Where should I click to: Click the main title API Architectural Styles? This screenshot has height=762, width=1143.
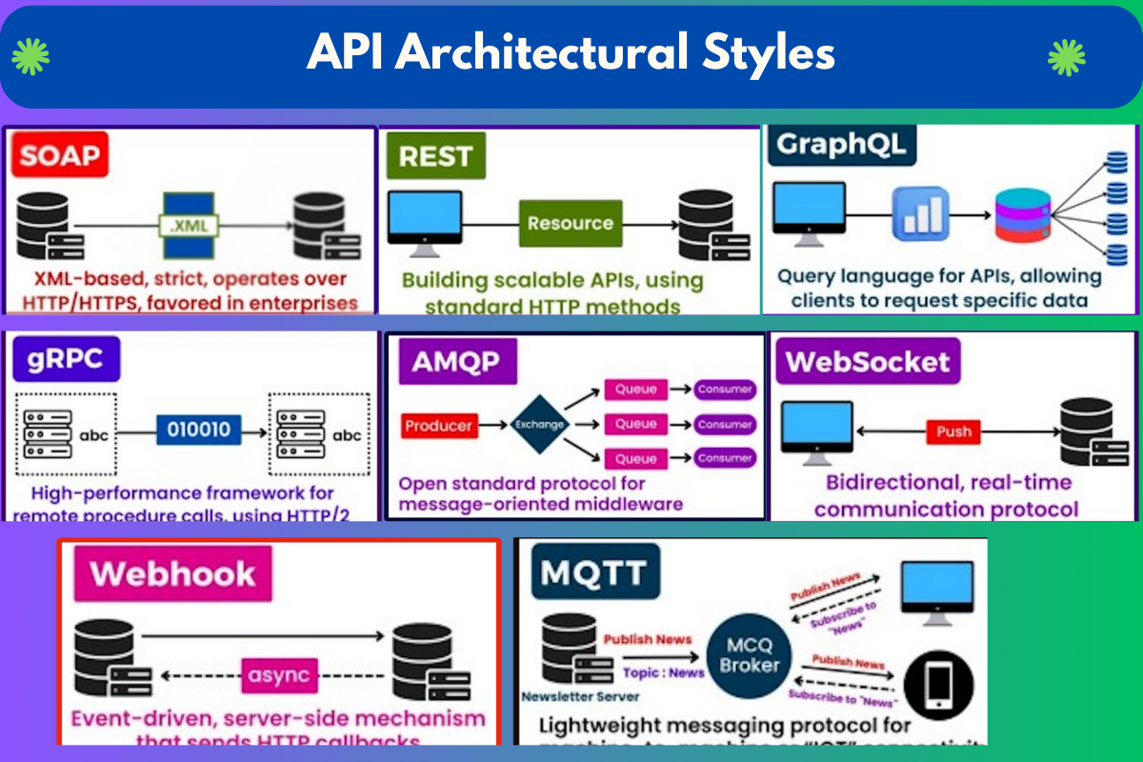click(571, 54)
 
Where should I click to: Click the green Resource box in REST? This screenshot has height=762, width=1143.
click(570, 224)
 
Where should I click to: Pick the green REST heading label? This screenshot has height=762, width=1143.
click(435, 156)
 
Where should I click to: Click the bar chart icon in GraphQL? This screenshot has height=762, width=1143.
click(920, 213)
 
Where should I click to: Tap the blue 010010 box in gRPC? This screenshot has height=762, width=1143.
click(199, 429)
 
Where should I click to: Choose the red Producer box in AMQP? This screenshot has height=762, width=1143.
click(439, 426)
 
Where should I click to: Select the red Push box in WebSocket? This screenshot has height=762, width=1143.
click(952, 431)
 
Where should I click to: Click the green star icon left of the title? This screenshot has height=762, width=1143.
click(30, 57)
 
